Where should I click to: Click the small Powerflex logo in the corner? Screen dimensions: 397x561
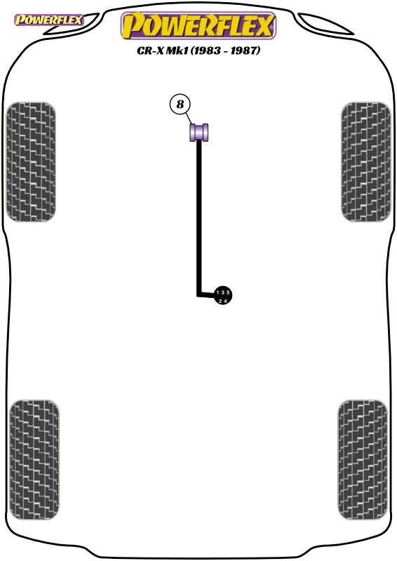coord(48,20)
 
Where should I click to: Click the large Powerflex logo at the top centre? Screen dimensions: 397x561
coord(198,25)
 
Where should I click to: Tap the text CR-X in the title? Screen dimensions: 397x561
coord(150,50)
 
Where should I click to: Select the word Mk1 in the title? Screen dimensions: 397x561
coord(177,50)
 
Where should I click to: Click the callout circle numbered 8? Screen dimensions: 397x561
coord(180,104)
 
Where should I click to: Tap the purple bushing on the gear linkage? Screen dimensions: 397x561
coord(198,133)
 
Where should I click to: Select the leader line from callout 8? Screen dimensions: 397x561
coord(189,119)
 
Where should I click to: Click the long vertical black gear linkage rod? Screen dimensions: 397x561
coord(198,218)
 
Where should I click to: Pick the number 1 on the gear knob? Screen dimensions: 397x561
coord(217,292)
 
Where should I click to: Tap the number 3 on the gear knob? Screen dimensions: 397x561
coord(222,292)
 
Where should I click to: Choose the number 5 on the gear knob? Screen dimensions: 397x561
coord(228,292)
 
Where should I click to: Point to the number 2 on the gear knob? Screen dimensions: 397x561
coord(220,302)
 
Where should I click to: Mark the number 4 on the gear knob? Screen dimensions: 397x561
coord(225,302)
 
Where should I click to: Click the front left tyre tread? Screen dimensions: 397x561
coord(31,162)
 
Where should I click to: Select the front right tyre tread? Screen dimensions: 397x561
coord(366,162)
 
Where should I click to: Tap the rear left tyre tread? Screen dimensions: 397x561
coord(34,460)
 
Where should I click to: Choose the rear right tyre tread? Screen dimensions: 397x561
coord(363,460)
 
